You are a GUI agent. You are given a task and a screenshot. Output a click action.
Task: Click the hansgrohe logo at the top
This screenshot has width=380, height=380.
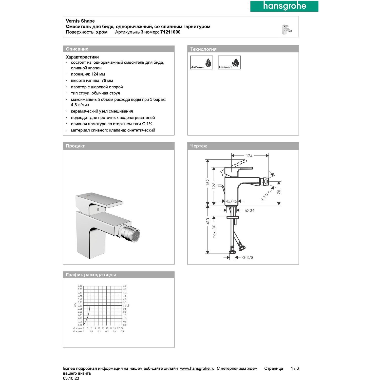coord(284,6)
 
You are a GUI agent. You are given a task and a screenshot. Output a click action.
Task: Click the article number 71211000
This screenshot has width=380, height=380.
coord(170,32)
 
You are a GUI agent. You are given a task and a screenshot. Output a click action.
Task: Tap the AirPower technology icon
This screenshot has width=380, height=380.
coord(201,63)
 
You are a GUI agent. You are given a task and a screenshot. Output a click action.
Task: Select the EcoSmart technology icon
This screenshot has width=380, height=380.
coord(229,63)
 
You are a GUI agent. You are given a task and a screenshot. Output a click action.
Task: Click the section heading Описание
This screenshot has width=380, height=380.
coord(77,49)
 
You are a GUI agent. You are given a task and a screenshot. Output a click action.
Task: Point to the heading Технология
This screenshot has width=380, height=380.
coord(203,49)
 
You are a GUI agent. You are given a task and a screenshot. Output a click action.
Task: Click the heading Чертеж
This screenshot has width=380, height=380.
coord(199,146)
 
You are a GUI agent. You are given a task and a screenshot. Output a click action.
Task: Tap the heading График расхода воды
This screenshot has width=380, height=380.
coord(91,275)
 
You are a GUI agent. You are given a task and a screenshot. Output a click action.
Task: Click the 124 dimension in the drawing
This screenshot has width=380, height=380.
coord(249,156)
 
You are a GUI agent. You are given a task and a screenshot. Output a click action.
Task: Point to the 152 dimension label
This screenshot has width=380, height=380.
coord(208,182)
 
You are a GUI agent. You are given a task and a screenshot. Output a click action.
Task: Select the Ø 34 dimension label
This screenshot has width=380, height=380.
coord(250,210)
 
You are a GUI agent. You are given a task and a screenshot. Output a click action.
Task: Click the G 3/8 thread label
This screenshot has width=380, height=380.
coord(248,258)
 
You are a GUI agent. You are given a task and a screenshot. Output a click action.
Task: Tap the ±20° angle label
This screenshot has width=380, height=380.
coord(265,196)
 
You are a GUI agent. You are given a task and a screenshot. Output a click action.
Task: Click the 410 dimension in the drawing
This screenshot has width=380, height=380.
coord(208,221)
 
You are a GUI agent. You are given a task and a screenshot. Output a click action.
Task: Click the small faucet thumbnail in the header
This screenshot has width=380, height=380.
coord(287,29)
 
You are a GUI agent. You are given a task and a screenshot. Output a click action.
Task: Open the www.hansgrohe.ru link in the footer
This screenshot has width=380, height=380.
coord(197,369)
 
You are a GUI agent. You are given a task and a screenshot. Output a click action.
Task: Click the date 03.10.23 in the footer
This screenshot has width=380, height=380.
coord(71,378)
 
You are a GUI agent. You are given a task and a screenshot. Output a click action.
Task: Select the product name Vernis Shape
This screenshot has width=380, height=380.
coord(80,21)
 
